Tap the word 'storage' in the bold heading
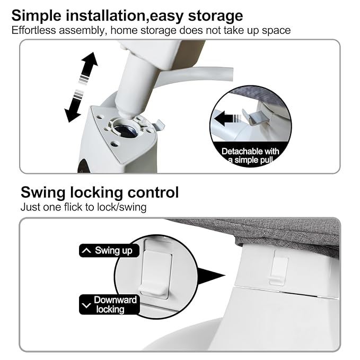(215, 16)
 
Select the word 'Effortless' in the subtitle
(33, 30)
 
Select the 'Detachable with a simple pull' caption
(250, 156)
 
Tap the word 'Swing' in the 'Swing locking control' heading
(43, 192)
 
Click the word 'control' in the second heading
(153, 192)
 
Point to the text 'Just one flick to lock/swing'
(83, 207)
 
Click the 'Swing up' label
(109, 250)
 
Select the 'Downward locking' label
(109, 305)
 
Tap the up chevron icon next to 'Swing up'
(86, 250)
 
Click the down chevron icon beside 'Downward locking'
(86, 305)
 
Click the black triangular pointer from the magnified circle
(211, 276)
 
